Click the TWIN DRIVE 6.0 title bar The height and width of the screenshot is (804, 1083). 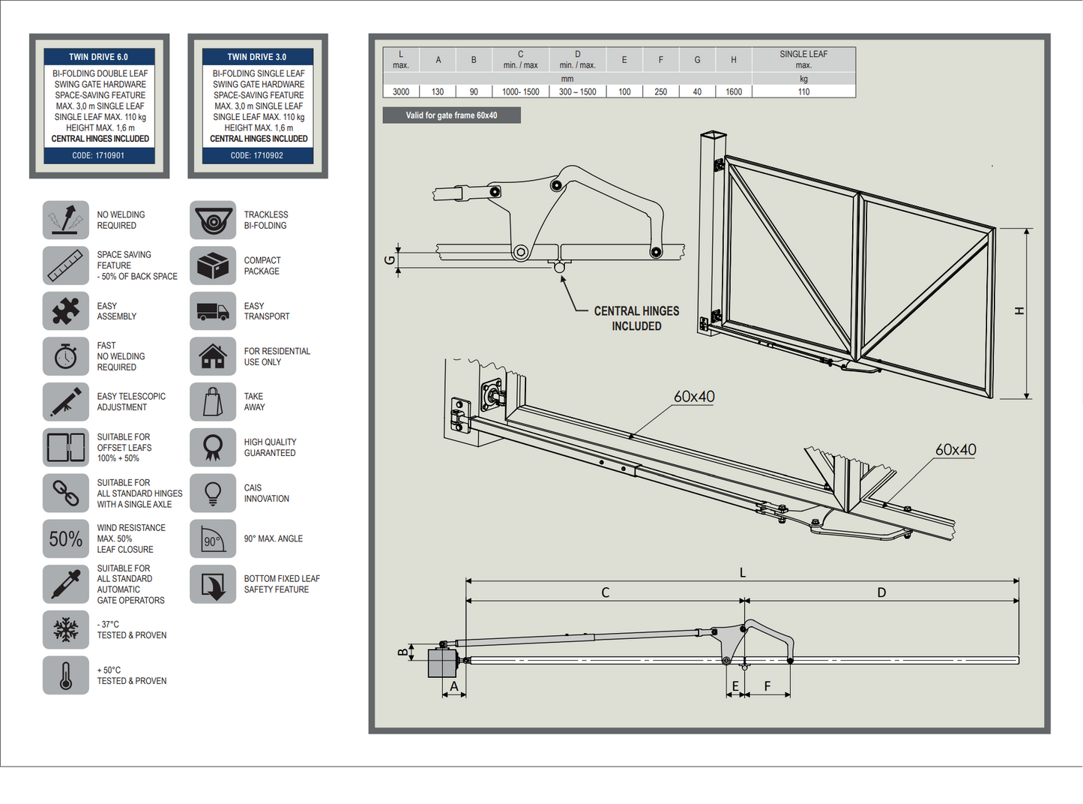pos(99,57)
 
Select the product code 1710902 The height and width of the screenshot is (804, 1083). pos(257,156)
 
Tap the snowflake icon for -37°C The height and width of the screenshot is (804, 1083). pos(66,630)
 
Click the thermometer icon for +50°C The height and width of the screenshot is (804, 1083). pos(66,675)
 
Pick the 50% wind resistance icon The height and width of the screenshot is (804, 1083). pos(66,538)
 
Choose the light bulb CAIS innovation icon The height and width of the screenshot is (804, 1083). pos(213,493)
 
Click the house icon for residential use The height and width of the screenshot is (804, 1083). pos(213,356)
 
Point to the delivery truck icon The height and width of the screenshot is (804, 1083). pos(213,311)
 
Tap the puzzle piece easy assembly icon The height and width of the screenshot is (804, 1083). pos(66,311)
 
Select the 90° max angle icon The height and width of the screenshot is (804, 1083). pos(213,538)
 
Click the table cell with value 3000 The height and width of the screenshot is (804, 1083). pos(401,92)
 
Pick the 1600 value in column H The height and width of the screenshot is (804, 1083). pos(734,92)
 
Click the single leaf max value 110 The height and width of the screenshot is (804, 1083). pos(803,92)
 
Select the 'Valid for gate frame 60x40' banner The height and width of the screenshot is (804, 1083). pos(451,115)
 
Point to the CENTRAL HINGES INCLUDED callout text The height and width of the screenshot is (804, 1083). pos(636,318)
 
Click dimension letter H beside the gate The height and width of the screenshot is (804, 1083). pos(1019,310)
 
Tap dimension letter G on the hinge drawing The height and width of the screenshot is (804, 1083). pos(389,260)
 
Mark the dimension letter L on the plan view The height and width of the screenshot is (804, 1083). pos(743,572)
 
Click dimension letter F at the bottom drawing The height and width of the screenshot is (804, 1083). pos(767,686)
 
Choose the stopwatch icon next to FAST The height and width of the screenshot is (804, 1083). pos(66,356)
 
